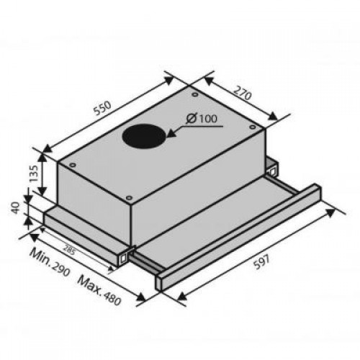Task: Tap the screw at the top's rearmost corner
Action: click(x=195, y=94)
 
